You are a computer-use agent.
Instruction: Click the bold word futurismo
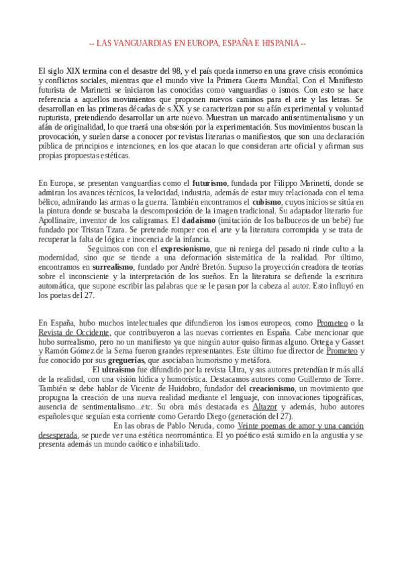tap(211, 183)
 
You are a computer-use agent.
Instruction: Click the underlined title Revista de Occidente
tap(74, 332)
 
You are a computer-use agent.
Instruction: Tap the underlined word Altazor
tap(264, 407)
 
